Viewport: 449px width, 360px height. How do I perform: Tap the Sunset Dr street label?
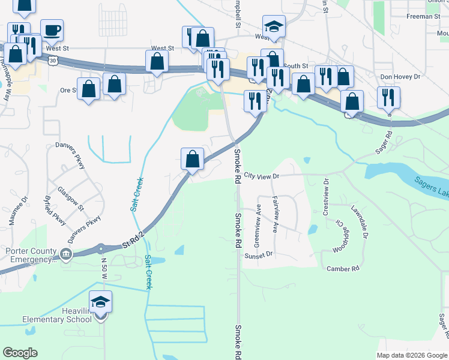258,254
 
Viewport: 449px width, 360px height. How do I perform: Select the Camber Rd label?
342,269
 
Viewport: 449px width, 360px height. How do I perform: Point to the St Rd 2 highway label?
134,238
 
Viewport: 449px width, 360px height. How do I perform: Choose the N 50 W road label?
103,269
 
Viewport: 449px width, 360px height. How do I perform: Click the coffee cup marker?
52,29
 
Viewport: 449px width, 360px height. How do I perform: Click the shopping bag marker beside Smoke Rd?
193,159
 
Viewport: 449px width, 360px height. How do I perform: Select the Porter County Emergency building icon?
65,254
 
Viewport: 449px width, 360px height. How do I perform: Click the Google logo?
20,353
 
